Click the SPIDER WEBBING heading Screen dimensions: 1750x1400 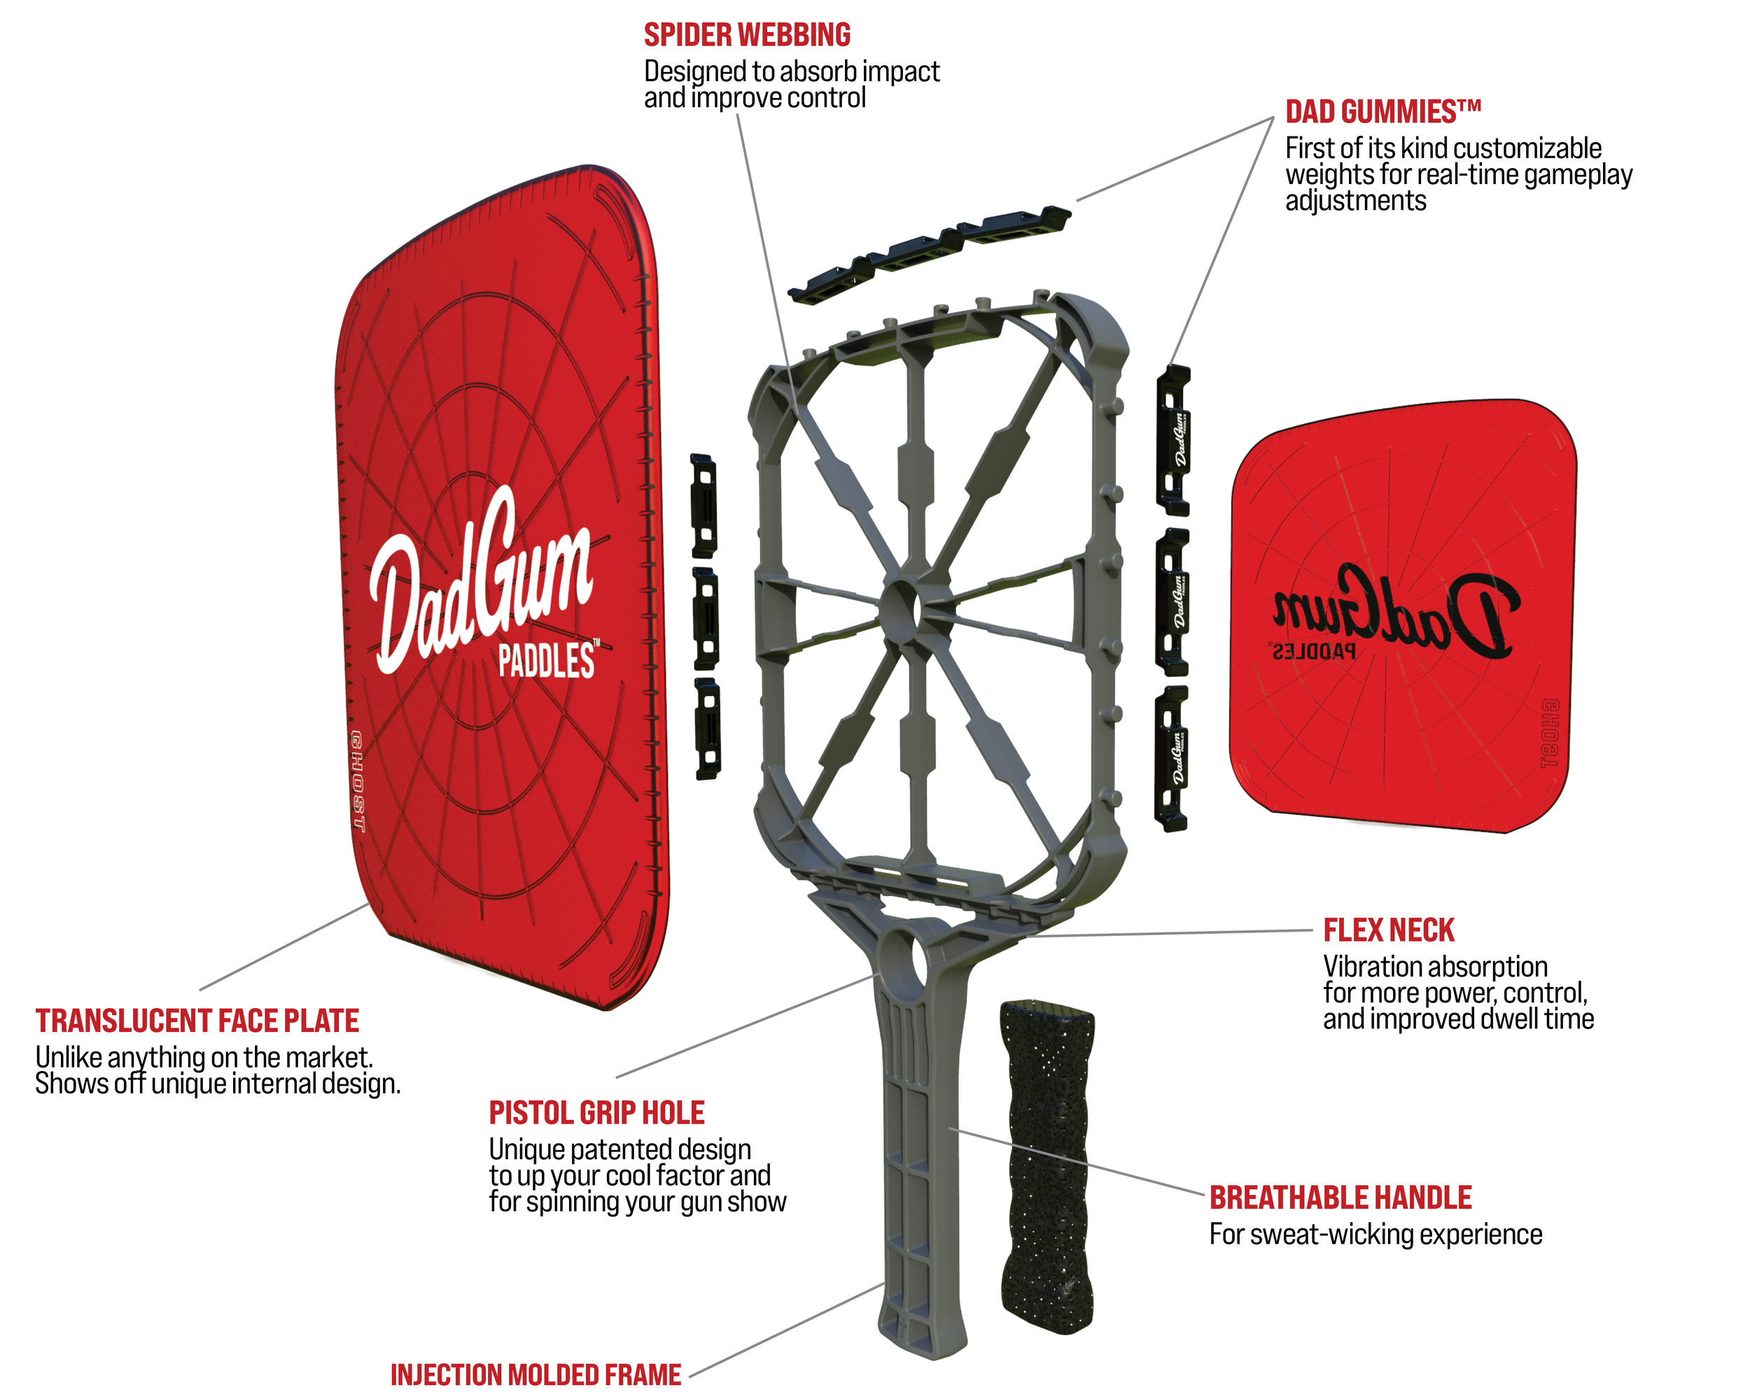pos(747,35)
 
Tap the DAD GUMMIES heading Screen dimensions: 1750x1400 pos(1382,112)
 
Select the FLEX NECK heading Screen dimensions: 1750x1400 pos(1388,930)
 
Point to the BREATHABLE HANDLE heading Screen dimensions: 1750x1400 pos(1340,1197)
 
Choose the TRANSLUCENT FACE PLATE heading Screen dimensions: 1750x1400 pos(197,1020)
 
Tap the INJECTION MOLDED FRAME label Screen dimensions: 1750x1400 pos(535,1375)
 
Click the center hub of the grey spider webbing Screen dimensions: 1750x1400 pos(899,607)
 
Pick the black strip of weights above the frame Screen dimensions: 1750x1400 pos(930,251)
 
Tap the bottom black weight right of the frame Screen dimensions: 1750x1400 pos(1171,759)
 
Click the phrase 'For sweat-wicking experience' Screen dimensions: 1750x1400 pos(1375,1234)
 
